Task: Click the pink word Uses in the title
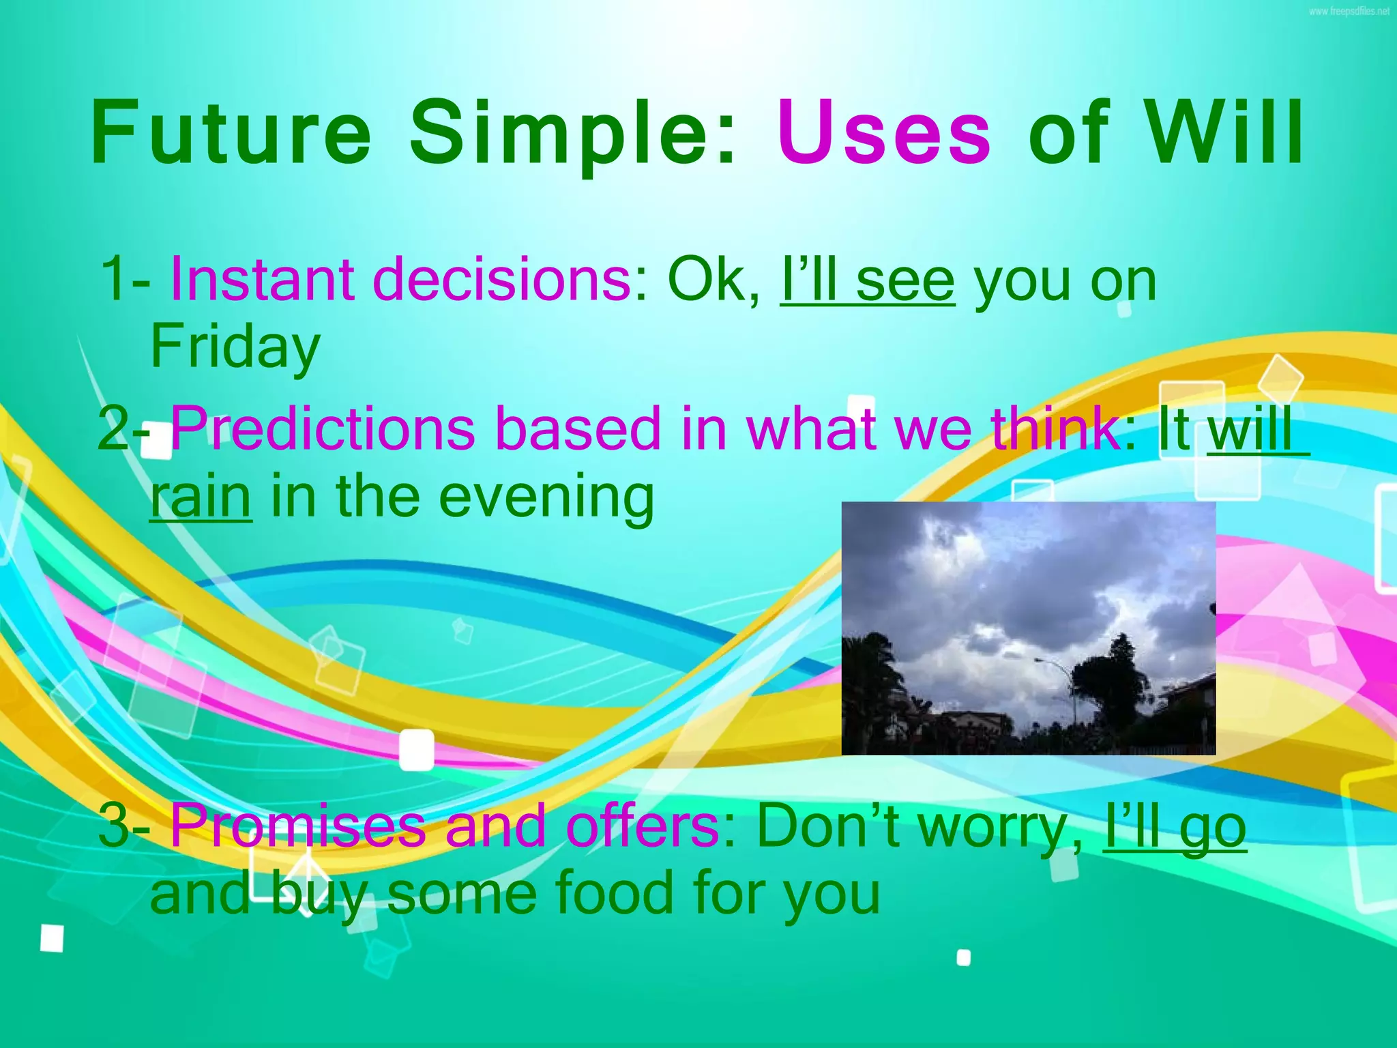click(x=883, y=133)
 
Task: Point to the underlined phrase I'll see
click(x=867, y=281)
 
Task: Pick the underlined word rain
click(x=201, y=497)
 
